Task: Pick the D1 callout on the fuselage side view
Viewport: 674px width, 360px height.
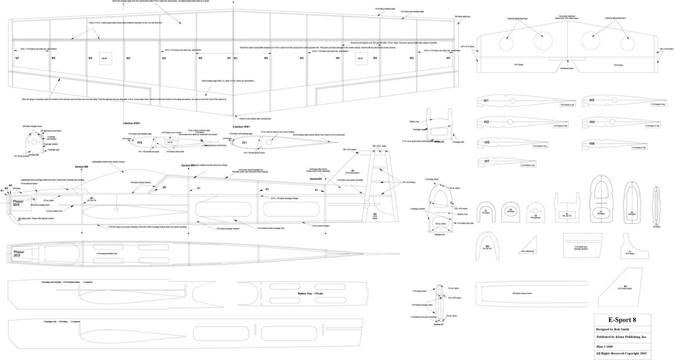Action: pos(267,189)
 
